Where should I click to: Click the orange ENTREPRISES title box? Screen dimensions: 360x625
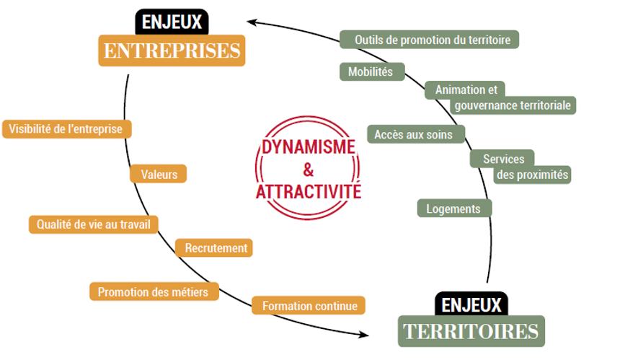[172, 51]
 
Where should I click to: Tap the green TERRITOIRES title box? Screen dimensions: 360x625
[471, 331]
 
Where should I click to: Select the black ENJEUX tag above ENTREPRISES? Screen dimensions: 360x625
[172, 21]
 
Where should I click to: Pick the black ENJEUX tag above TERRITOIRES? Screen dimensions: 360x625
[472, 304]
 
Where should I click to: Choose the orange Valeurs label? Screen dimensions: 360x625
[159, 174]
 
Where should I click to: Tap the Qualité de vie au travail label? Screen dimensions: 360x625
[94, 225]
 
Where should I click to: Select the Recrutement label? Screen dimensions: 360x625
[216, 248]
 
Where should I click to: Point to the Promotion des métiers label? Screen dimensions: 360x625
[153, 292]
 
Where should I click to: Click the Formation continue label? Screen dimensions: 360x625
[309, 306]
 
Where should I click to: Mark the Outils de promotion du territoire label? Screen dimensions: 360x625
[429, 40]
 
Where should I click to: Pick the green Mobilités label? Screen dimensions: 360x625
[371, 72]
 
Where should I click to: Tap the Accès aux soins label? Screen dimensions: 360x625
[414, 134]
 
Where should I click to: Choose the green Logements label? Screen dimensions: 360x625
[453, 209]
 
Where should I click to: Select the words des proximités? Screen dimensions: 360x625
[532, 175]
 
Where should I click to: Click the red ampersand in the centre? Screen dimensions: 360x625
[309, 170]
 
